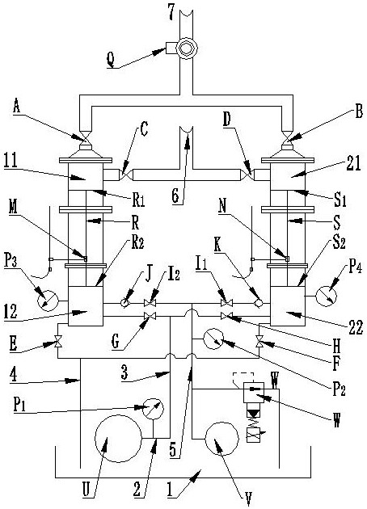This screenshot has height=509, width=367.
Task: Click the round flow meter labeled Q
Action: pos(187,48)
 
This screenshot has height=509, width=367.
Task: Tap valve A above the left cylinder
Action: pos(86,138)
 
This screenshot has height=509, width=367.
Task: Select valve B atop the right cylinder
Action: pos(287,138)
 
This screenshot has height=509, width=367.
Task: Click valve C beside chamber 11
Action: pos(126,175)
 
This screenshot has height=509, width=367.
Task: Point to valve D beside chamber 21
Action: pos(247,175)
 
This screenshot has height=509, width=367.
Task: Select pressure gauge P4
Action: pos(327,296)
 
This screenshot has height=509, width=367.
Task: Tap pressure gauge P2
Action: pos(213,339)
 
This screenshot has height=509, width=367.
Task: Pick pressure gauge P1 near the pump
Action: pos(154,409)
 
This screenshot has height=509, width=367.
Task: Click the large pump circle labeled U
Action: pos(118,438)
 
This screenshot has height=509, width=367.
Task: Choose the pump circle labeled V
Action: pos(222,439)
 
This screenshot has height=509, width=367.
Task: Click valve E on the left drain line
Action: pos(58,342)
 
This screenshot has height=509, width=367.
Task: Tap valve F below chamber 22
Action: pos(259,342)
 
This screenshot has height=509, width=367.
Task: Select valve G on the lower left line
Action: pos(150,316)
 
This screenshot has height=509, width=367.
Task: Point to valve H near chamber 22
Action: pos(226,316)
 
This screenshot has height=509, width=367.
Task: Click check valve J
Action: pos(124,303)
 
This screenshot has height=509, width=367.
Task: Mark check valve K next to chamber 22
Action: pos(259,303)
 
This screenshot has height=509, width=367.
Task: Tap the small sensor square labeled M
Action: pos(86,259)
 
